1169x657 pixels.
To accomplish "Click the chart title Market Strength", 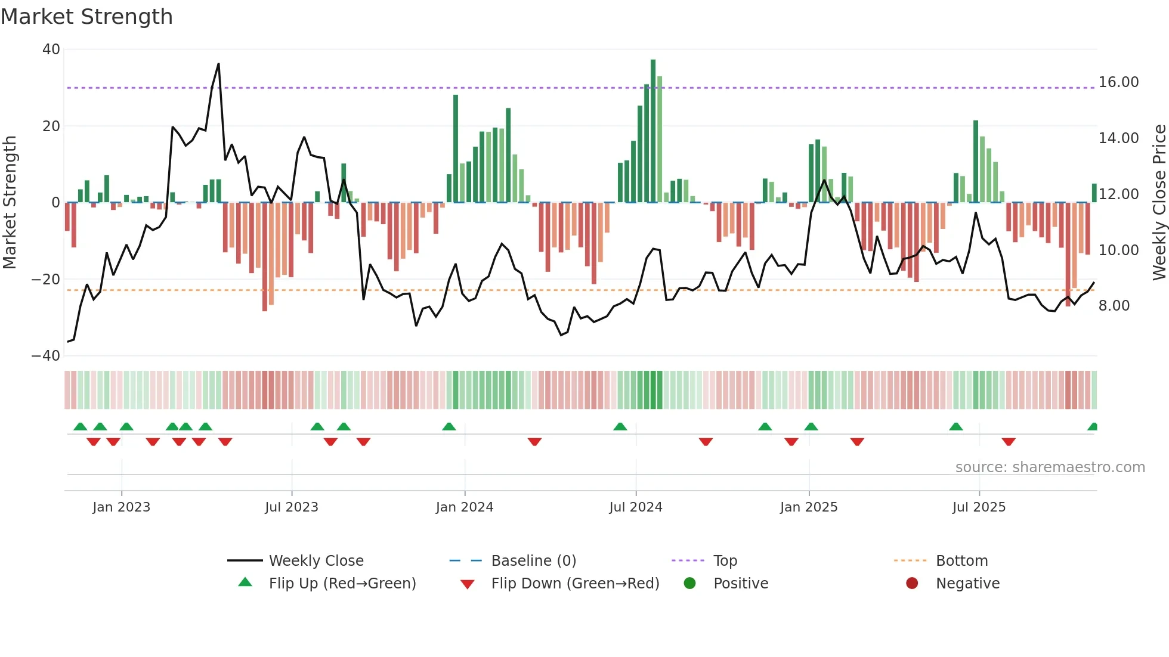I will [x=86, y=17].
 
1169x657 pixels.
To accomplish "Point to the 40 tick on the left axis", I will [x=51, y=49].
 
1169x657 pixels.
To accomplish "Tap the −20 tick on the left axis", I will [x=46, y=279].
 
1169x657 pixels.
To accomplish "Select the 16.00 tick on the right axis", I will [x=1118, y=82].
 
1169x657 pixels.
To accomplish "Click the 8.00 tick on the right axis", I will [x=1114, y=306].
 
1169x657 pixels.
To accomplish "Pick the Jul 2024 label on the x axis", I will [x=635, y=507].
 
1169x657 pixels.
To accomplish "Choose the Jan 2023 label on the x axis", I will [x=121, y=507].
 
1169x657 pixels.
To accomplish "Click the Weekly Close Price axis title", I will [x=1159, y=203].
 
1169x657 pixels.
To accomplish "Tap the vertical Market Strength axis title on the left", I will [x=10, y=203].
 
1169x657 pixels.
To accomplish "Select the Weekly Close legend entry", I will [x=316, y=561].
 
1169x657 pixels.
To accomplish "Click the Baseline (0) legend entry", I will [x=533, y=561].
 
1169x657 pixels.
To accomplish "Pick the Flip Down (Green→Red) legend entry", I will [x=574, y=584].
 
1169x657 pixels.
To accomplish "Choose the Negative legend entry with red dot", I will [x=967, y=584].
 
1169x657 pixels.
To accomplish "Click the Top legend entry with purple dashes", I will [x=725, y=561].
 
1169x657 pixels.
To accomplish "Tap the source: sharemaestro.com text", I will [x=1050, y=467].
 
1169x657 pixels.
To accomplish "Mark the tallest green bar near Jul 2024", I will [x=653, y=131].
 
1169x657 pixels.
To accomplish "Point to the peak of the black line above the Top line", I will [x=218, y=64].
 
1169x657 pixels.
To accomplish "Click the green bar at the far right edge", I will [x=1094, y=193].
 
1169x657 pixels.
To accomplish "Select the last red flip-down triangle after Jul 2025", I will [x=1009, y=442].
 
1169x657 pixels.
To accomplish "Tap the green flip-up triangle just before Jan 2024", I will [x=449, y=426].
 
